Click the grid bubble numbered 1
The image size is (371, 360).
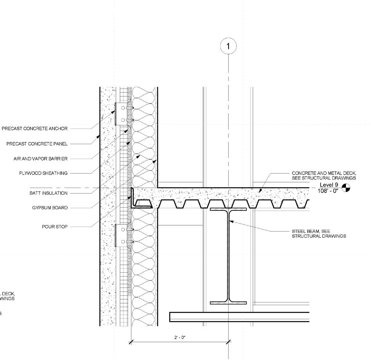pos(229,47)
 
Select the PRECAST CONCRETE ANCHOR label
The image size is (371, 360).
pos(35,128)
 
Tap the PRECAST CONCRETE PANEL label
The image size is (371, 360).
pos(37,144)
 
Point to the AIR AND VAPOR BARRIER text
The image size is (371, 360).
pos(41,159)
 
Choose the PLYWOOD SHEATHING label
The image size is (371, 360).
pos(43,173)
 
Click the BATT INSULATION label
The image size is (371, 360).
pos(49,193)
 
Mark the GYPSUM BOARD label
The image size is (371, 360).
pos(50,208)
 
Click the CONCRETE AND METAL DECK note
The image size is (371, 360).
pos(324,175)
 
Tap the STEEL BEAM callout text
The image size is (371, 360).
pos(319,233)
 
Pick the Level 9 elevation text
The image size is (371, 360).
pos(329,185)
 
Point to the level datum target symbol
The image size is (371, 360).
pos(346,188)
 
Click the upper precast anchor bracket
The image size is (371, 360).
pos(119,114)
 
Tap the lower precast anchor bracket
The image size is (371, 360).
pos(119,235)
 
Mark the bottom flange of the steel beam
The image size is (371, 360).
pos(229,302)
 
